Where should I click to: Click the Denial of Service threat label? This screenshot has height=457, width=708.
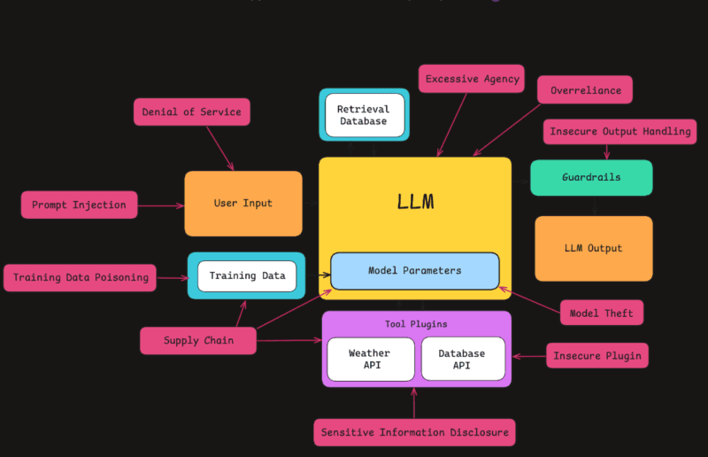pos(191,112)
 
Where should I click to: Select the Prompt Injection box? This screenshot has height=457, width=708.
pos(79,205)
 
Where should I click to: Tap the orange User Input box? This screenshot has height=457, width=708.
pos(242,203)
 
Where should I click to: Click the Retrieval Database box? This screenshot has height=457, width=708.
pos(364,115)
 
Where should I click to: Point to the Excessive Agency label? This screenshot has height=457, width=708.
pos(472,79)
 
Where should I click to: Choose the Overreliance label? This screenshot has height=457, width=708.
pos(585,90)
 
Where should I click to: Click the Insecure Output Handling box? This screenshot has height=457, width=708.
pos(619,131)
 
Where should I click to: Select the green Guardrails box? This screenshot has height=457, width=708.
pos(591,177)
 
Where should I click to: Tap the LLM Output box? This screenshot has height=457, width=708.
pos(593,248)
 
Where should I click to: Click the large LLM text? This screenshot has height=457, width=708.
pos(415,201)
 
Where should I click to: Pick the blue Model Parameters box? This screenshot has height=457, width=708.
pos(414,270)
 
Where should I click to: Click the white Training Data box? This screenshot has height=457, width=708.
pos(247,275)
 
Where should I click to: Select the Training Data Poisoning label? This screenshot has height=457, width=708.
pos(81,277)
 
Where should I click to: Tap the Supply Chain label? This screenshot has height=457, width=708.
pos(198,340)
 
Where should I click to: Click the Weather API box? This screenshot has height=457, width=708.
pos(369,359)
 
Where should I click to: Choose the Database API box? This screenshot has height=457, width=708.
pos(462,359)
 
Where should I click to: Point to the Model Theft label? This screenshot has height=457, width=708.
pos(601,313)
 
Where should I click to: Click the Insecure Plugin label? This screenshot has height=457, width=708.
pos(597,356)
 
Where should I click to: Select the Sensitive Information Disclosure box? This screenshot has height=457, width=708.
pos(414,432)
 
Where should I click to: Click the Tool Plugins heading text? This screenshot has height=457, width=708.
pos(416,324)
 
